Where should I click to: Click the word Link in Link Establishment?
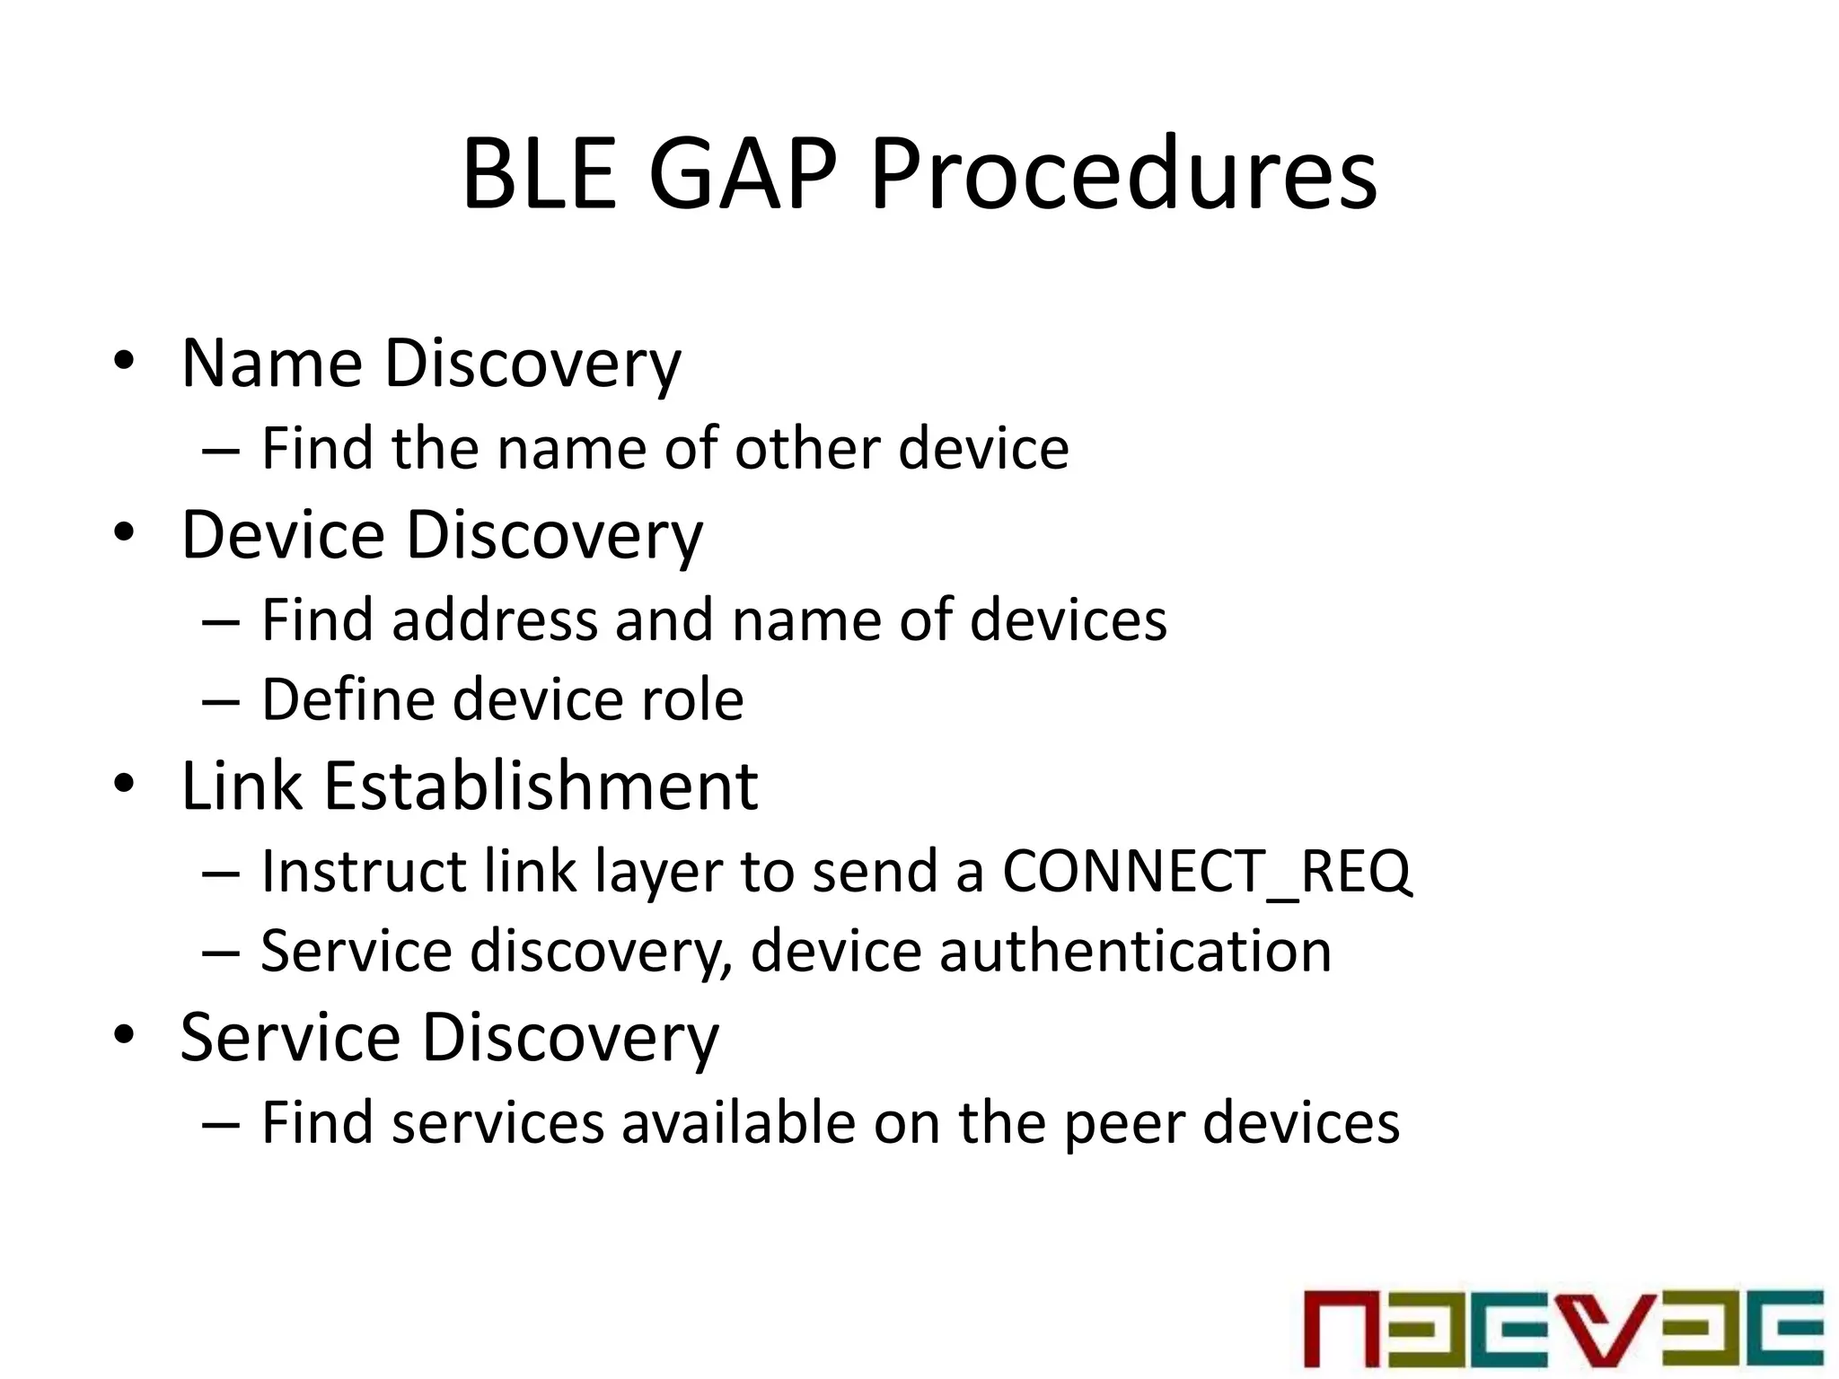pos(242,786)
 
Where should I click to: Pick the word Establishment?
pos(541,786)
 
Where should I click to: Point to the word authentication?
pos(1135,951)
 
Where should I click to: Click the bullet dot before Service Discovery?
pos(124,1034)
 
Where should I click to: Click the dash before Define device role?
pos(221,701)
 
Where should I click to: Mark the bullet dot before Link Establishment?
pos(124,783)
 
